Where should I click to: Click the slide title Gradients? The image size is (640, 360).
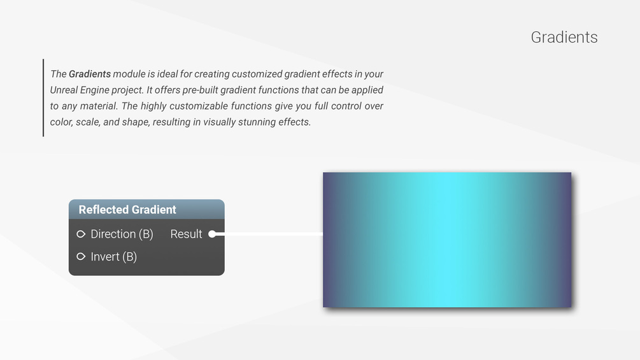[564, 37]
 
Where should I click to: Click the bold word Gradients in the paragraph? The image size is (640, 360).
[90, 74]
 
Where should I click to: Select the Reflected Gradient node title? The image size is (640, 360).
[127, 210]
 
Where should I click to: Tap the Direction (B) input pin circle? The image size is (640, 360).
[81, 234]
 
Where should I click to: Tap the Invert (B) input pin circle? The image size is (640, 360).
[81, 256]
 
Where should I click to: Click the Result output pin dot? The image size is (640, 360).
[212, 234]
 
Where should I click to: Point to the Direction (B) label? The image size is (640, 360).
[122, 234]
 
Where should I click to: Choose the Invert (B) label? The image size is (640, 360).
[114, 257]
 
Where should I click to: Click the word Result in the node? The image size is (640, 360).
[186, 234]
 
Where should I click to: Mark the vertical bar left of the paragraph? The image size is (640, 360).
[43, 97]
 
